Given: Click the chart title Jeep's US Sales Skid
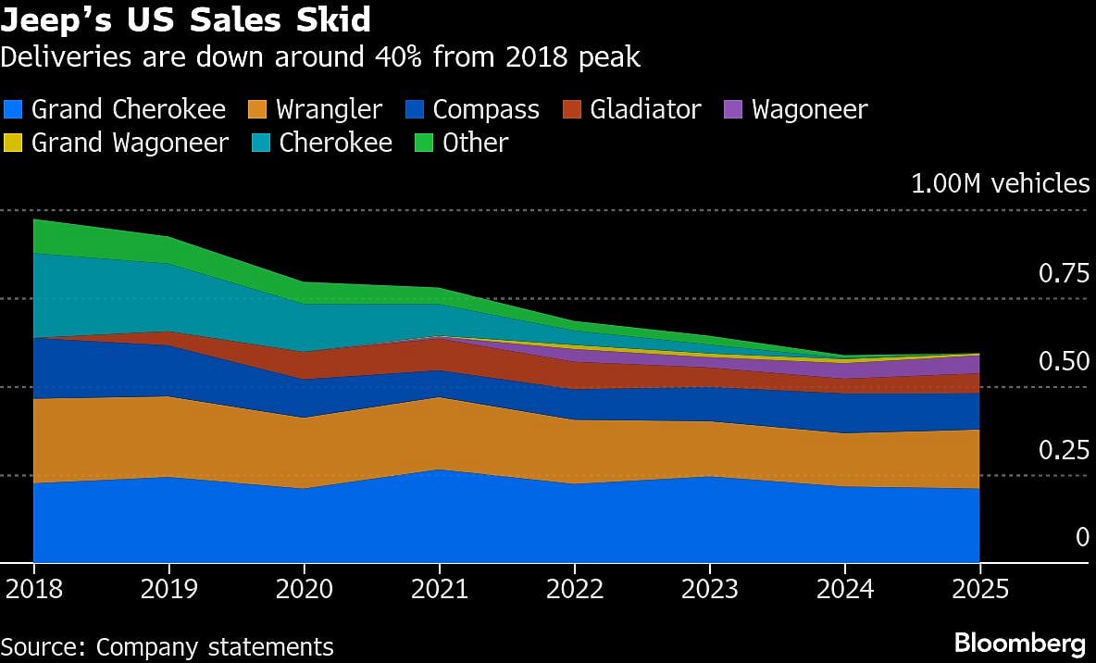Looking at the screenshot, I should point(186,19).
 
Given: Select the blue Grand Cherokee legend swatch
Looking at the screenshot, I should point(14,109).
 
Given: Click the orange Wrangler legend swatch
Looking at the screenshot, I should point(258,109).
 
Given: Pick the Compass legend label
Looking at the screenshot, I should point(486,109).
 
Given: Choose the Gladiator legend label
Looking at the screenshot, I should point(645,109).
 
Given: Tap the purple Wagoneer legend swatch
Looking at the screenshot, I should point(734,109).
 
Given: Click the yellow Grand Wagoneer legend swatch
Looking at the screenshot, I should point(14,143).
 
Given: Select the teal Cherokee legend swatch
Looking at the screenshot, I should point(262,143).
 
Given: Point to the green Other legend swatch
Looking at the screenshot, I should point(425,143).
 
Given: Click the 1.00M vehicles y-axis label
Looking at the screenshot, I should point(1000,183).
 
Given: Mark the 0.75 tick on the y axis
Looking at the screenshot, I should point(1064,274).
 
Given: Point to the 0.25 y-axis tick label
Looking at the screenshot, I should point(1064,450).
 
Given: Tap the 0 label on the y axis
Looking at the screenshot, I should point(1082,538).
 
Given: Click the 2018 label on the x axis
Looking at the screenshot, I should point(33,590).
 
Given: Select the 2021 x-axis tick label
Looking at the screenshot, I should point(439,590).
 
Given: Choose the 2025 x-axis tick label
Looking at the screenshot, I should point(979,590).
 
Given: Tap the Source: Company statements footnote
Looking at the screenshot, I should point(167,645).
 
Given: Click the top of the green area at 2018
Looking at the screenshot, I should point(34,220).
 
